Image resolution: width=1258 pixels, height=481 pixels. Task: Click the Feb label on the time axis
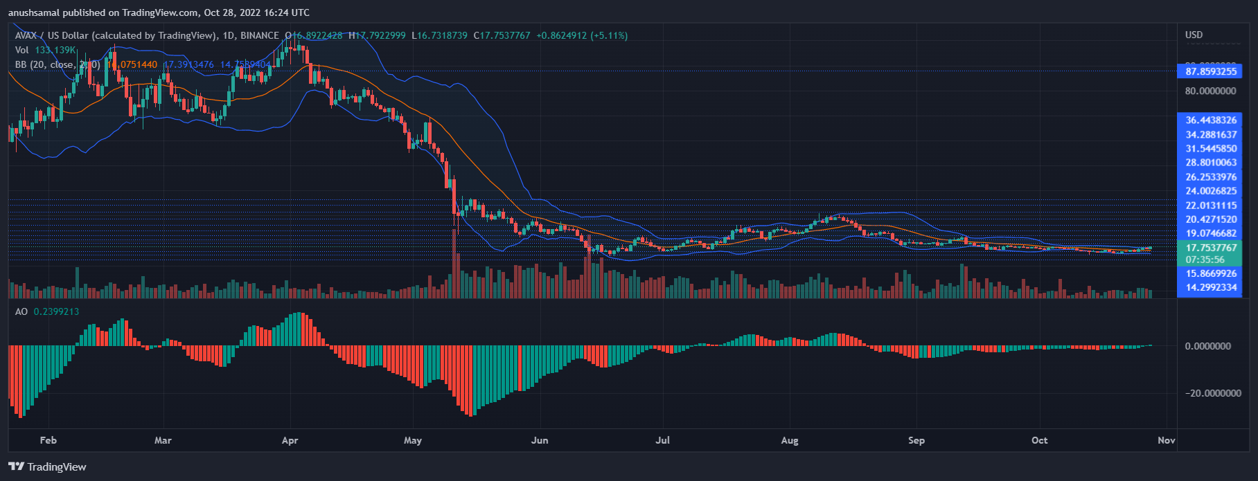click(48, 440)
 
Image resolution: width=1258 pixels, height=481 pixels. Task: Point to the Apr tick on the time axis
click(290, 440)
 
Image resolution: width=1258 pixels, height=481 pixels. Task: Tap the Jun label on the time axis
click(539, 440)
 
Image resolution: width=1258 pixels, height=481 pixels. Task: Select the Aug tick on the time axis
click(789, 440)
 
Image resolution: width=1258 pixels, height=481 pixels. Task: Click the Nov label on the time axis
click(1167, 440)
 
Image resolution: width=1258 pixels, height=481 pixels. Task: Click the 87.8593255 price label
click(1210, 71)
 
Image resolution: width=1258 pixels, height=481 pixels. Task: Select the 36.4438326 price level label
click(1210, 120)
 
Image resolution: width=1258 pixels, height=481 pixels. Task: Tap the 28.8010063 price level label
click(1210, 163)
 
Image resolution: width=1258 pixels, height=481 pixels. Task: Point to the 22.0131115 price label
click(1210, 206)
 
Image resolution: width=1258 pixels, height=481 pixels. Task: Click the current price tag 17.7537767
click(1210, 248)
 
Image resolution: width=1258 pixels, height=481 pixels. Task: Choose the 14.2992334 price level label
click(1210, 287)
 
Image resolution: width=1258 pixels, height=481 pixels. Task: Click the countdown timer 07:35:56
click(1205, 260)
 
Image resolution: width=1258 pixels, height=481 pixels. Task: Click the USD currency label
click(1194, 35)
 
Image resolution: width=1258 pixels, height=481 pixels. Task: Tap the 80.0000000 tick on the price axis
click(1210, 91)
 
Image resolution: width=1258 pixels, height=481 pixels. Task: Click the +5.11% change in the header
click(609, 35)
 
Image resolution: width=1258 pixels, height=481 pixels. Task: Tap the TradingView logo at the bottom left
click(47, 466)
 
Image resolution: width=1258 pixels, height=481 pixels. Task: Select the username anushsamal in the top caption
click(33, 12)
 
